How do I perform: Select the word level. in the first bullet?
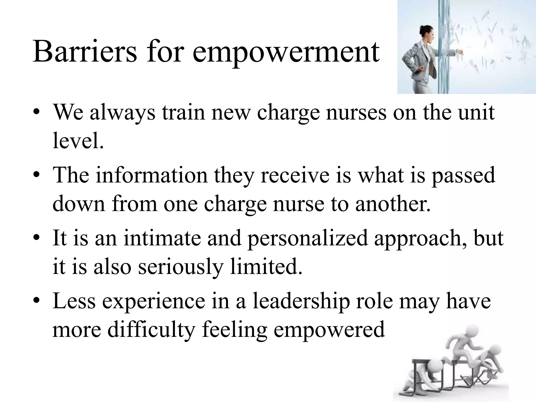coord(78,141)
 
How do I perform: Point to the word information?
coord(152,175)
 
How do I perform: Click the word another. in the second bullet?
coord(393,204)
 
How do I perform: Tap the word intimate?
coord(162,238)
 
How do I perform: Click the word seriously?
coord(181,267)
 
